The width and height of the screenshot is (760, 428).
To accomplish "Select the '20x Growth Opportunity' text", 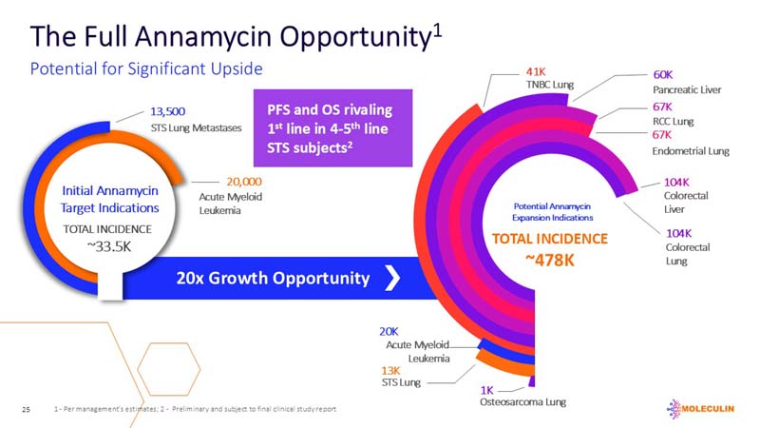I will click(273, 278).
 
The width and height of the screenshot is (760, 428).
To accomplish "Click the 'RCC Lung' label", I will click(673, 121).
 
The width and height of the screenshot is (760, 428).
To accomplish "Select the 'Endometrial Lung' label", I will click(691, 151).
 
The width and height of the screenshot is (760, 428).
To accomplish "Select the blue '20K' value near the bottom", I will click(389, 331).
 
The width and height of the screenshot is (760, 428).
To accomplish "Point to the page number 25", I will click(26, 409).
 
